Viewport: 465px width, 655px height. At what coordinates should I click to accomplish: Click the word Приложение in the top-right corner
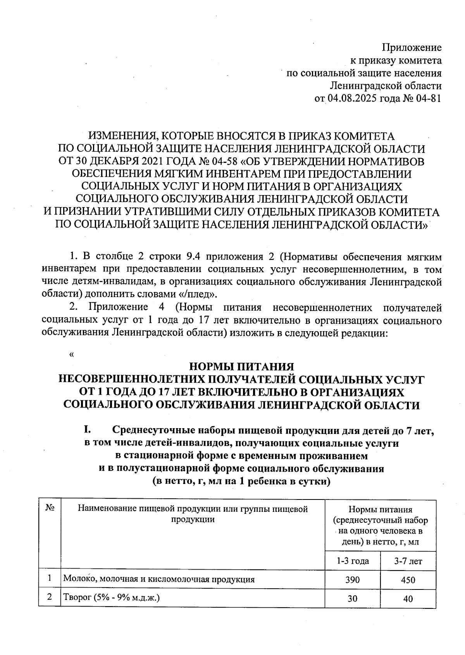pyautogui.click(x=412, y=48)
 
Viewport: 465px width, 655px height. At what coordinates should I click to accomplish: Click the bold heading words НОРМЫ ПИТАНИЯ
pyautogui.click(x=241, y=366)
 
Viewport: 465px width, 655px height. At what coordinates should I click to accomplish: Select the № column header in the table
pyautogui.click(x=50, y=508)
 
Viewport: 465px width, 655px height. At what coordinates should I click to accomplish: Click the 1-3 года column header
pyautogui.click(x=353, y=561)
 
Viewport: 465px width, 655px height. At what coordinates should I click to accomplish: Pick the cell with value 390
pyautogui.click(x=353, y=580)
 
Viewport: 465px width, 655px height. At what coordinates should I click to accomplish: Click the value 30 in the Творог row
pyautogui.click(x=353, y=599)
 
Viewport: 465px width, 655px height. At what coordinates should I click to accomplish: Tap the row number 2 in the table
pyautogui.click(x=50, y=598)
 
